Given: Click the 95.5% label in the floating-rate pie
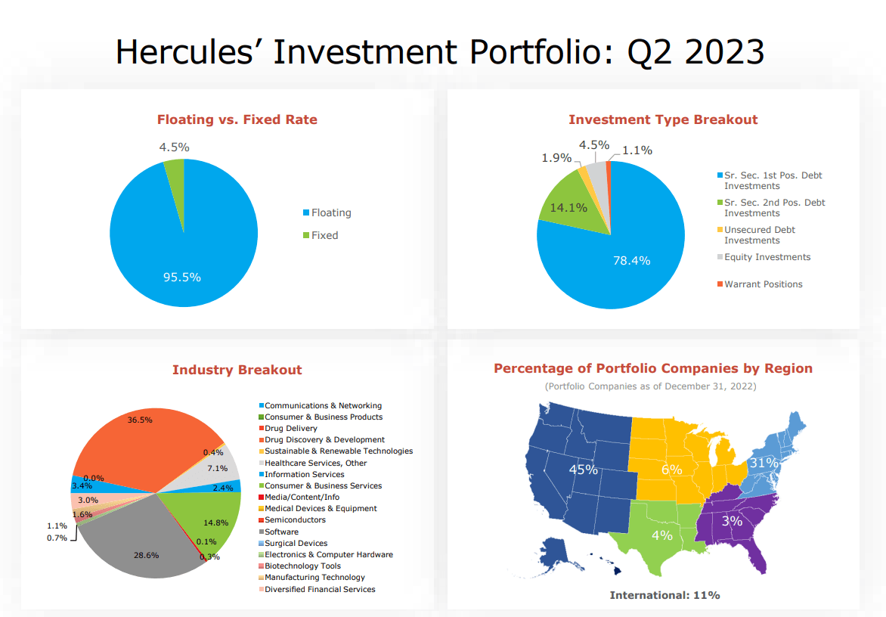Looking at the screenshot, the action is [182, 277].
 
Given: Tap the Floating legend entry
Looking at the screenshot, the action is [327, 213].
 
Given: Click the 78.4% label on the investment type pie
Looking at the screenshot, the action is [632, 260].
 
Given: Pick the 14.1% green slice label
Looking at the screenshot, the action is [568, 208].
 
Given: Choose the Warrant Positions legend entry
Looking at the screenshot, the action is [760, 284].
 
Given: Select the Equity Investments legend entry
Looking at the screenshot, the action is [764, 257].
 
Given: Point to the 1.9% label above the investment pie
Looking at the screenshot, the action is [556, 157].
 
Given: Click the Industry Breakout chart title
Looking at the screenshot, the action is [237, 370].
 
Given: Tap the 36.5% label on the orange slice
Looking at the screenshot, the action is [140, 420].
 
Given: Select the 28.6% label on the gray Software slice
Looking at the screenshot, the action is [147, 556].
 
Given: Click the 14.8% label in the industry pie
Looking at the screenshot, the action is [216, 522].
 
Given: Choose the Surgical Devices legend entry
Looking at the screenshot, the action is [293, 543].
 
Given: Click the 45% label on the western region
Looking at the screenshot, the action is [583, 470].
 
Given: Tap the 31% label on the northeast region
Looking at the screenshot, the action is [764, 463].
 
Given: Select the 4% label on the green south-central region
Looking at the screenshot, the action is [661, 535].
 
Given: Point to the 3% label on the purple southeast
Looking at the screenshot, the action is [732, 521].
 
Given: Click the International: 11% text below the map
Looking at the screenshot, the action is [664, 595].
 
